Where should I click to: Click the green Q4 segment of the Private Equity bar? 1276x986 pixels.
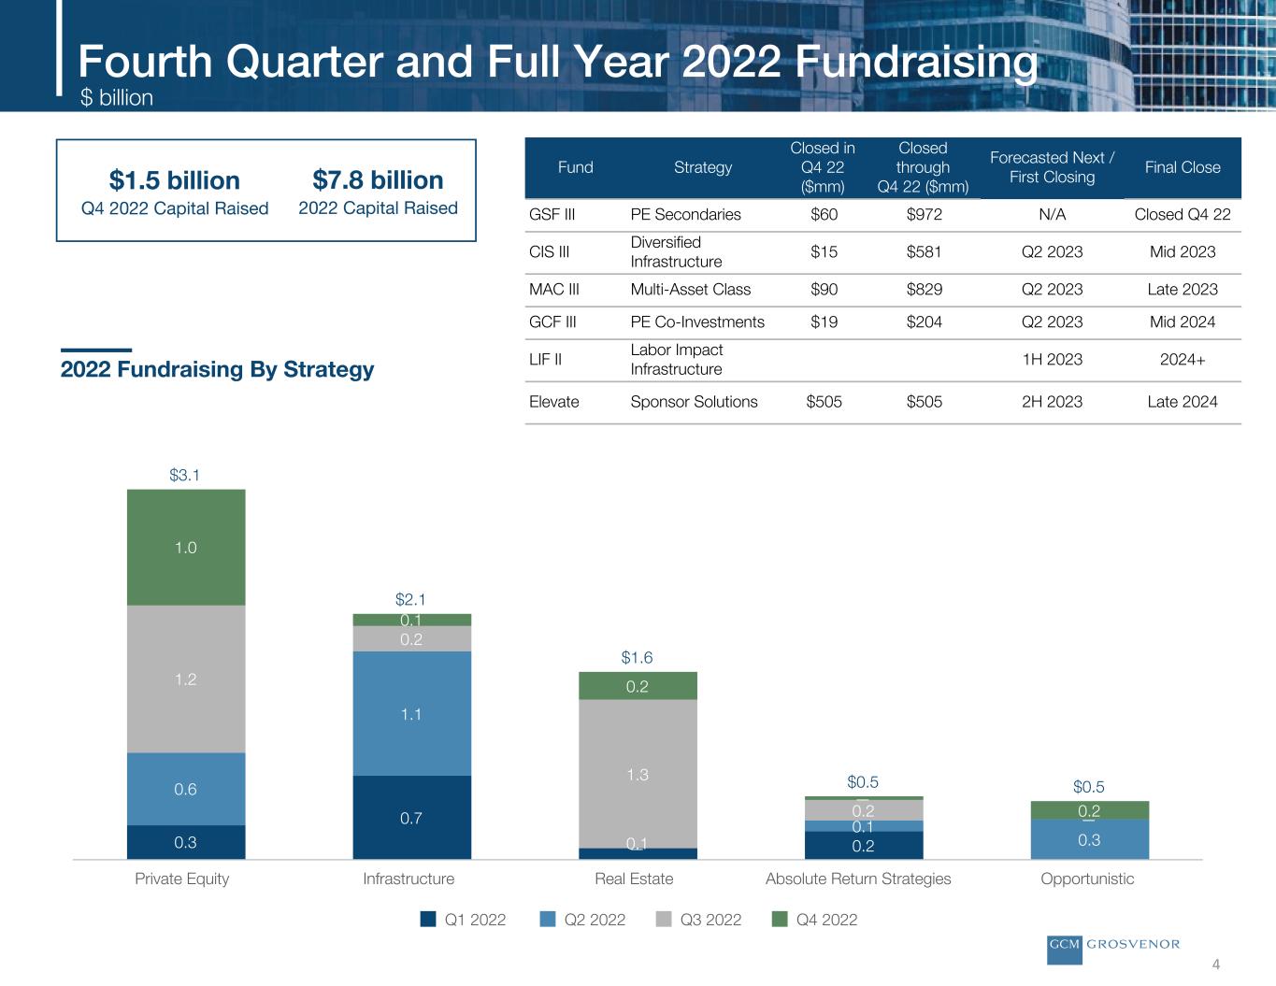[x=186, y=548]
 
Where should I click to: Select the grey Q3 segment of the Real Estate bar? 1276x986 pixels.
[x=638, y=774]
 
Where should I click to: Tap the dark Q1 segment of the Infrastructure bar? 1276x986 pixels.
[x=411, y=818]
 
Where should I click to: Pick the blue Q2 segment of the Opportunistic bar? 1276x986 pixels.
[x=1089, y=839]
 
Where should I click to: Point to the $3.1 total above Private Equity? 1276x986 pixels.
[x=185, y=475]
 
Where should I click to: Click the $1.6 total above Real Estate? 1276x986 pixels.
[x=638, y=658]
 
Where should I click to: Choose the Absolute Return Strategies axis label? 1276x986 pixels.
[x=858, y=879]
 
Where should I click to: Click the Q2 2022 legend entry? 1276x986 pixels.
[x=583, y=920]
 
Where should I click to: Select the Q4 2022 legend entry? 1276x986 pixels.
[x=815, y=920]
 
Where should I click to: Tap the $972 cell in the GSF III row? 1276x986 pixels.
[x=924, y=214]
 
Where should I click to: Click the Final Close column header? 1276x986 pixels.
[x=1183, y=167]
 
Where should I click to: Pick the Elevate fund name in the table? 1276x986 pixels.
[x=554, y=402]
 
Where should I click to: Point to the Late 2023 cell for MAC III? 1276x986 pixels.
[x=1182, y=289]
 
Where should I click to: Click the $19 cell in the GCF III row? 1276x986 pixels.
[x=824, y=322]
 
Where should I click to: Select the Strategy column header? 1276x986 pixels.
[x=703, y=167]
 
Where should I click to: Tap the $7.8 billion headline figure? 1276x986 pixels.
[x=378, y=179]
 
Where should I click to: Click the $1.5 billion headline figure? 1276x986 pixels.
[x=175, y=180]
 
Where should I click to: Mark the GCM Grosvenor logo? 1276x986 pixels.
[x=1113, y=945]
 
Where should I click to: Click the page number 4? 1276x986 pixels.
[x=1216, y=965]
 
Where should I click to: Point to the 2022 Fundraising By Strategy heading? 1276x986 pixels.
[x=217, y=369]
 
